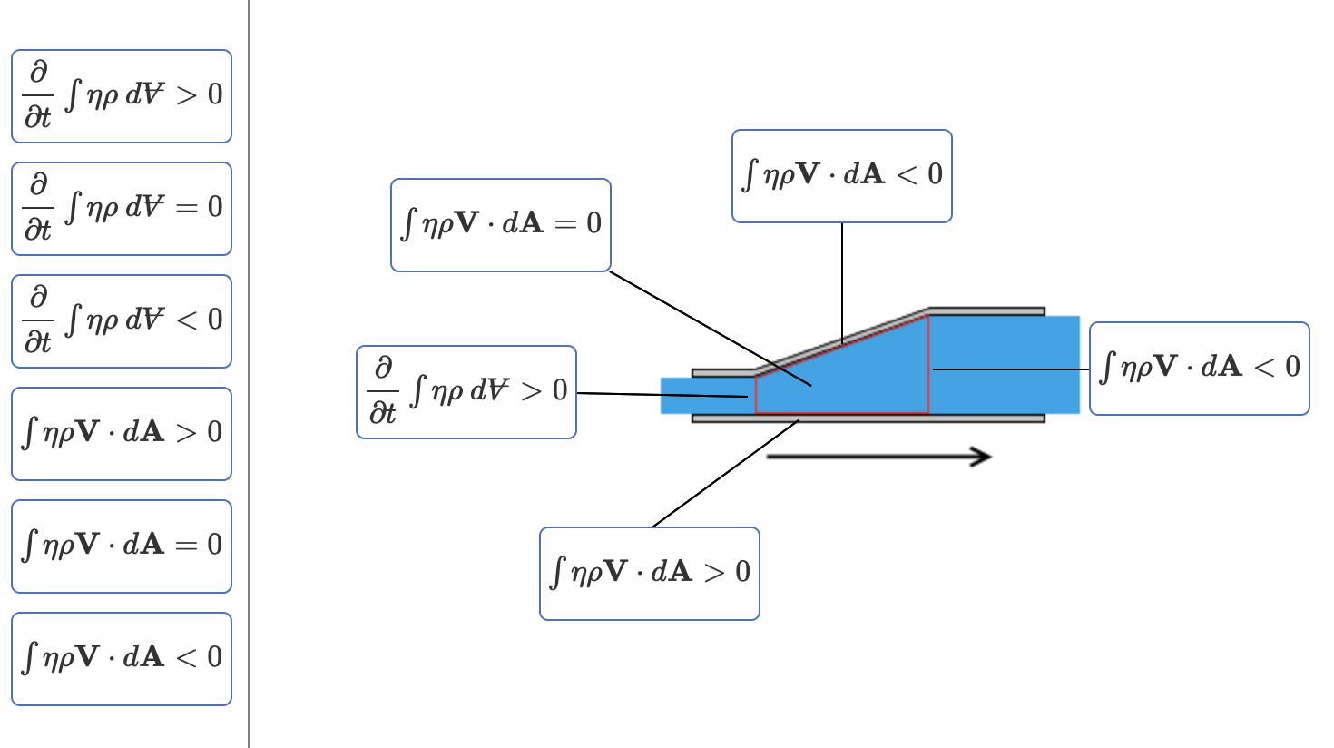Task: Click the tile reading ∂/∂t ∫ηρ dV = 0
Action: point(122,209)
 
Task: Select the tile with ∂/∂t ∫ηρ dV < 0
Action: point(122,321)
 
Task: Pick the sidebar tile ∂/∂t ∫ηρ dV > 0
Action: point(122,96)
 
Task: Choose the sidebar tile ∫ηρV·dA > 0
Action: point(122,434)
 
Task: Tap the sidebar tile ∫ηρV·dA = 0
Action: point(122,546)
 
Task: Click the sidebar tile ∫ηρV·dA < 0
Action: point(122,659)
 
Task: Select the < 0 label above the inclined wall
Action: point(841,176)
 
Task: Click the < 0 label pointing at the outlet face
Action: point(1199,369)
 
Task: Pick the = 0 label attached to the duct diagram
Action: point(500,225)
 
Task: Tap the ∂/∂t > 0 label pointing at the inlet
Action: point(466,392)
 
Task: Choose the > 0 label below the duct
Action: point(649,574)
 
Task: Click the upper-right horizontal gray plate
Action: point(986,311)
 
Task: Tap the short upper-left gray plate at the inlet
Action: point(723,373)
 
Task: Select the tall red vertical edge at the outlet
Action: point(928,363)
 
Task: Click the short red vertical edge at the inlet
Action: point(756,394)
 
